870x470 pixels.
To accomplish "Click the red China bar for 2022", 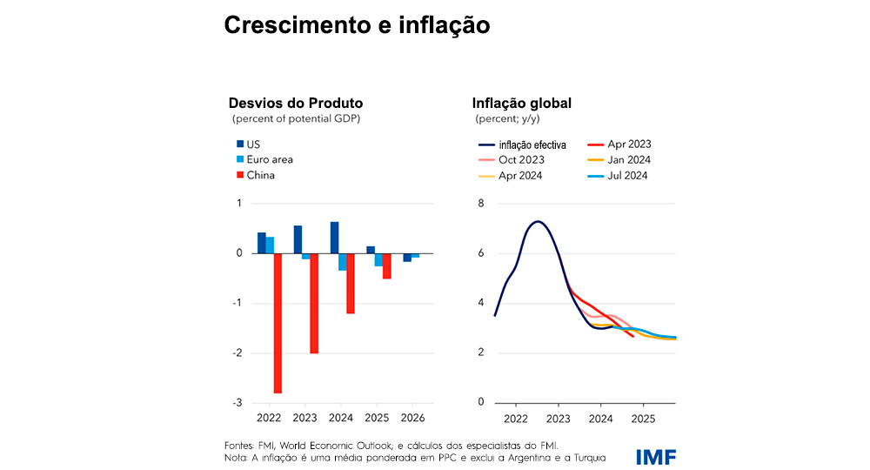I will [x=278, y=323].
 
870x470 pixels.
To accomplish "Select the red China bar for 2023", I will [x=313, y=303].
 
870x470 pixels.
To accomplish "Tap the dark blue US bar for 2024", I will [x=334, y=238].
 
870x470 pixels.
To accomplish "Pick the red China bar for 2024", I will [x=350, y=283].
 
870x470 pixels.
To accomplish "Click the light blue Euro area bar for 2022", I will [x=271, y=245].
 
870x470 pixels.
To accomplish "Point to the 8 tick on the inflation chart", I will [x=479, y=204].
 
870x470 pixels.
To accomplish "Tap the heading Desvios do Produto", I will [x=295, y=104].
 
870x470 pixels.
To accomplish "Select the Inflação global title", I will [x=521, y=104].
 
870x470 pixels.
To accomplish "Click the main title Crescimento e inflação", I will [x=357, y=25].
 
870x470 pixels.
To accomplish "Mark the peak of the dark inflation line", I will [x=538, y=221].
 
